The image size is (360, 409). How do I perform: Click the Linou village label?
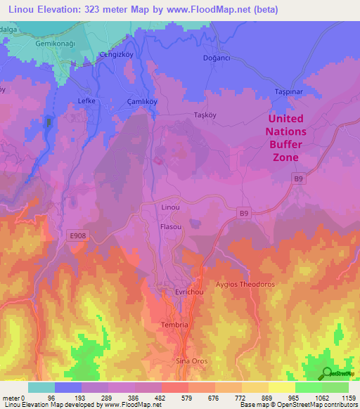point(171,208)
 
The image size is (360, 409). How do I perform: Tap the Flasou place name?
point(171,227)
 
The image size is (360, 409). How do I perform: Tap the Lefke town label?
point(86,101)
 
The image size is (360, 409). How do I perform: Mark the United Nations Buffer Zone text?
point(286,138)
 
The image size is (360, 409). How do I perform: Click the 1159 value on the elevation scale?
point(349,398)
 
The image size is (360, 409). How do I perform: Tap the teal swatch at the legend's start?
point(41,387)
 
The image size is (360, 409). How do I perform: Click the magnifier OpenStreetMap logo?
point(325,373)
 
